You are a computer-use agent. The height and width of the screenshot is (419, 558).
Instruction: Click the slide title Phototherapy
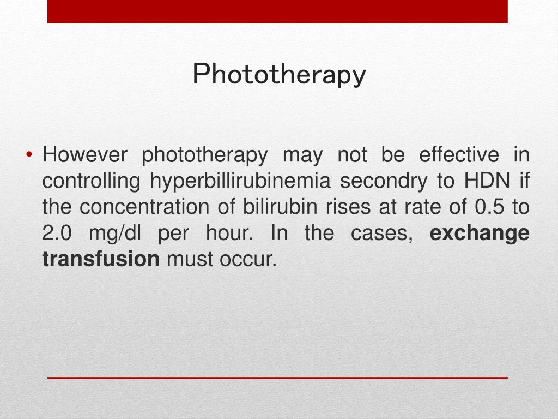click(279, 75)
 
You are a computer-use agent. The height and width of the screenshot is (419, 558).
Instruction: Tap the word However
click(84, 155)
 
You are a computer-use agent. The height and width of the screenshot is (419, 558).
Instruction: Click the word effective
click(459, 155)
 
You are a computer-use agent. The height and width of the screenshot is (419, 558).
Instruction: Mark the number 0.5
click(488, 207)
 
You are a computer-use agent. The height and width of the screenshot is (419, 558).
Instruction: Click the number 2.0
click(57, 234)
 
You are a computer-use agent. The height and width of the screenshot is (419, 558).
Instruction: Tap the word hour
click(229, 234)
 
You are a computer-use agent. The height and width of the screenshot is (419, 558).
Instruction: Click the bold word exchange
click(480, 234)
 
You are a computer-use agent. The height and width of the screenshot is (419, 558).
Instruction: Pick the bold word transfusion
click(101, 260)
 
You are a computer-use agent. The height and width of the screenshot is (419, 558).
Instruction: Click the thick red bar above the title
click(277, 11)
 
